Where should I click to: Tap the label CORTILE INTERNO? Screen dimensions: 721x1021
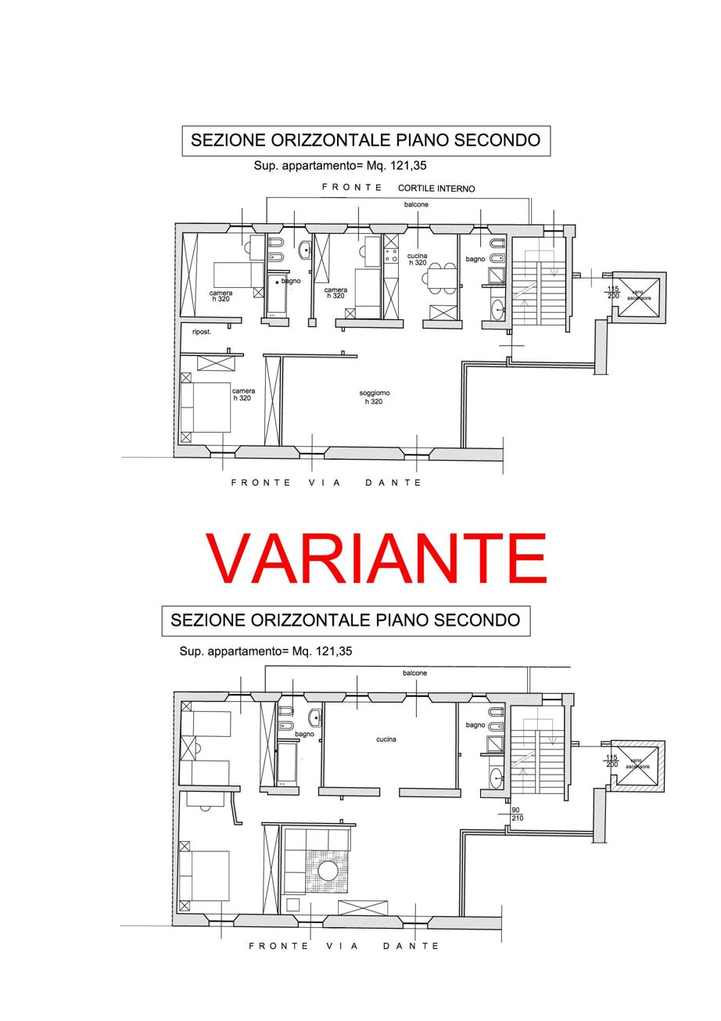click(x=436, y=189)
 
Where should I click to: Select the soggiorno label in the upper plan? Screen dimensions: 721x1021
click(x=374, y=393)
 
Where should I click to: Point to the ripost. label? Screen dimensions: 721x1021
click(x=201, y=333)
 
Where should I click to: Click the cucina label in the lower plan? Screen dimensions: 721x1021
click(x=386, y=739)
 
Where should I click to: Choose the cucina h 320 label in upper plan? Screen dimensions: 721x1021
click(x=418, y=259)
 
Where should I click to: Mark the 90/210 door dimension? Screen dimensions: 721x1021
click(x=516, y=814)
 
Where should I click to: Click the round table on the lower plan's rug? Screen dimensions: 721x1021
click(x=328, y=871)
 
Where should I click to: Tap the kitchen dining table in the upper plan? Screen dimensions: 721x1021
click(x=439, y=277)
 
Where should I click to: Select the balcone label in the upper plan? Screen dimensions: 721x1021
click(x=416, y=205)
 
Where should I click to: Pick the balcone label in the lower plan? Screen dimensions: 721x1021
click(x=414, y=673)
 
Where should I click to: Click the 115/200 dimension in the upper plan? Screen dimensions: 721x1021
click(x=613, y=292)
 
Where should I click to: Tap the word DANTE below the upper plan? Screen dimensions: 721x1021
click(x=393, y=482)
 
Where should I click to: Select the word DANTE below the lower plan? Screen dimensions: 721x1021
click(x=411, y=946)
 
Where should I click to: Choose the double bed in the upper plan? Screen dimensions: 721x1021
click(x=206, y=407)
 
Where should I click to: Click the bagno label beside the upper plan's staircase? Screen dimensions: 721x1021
click(x=475, y=259)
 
